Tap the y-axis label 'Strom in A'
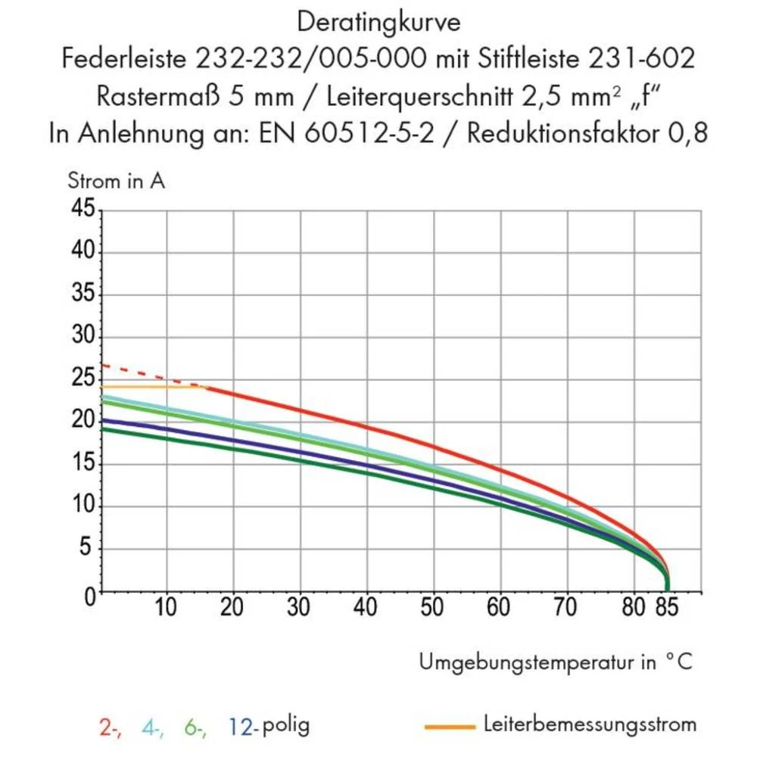[116, 182]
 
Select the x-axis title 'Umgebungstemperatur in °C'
[555, 662]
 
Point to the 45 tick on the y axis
[86, 210]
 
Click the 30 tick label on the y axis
[86, 337]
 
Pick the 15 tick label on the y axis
[86, 464]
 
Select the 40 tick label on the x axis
[366, 608]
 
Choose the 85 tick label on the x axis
[667, 608]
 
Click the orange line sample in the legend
[450, 727]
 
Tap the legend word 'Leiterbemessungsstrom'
[589, 725]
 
